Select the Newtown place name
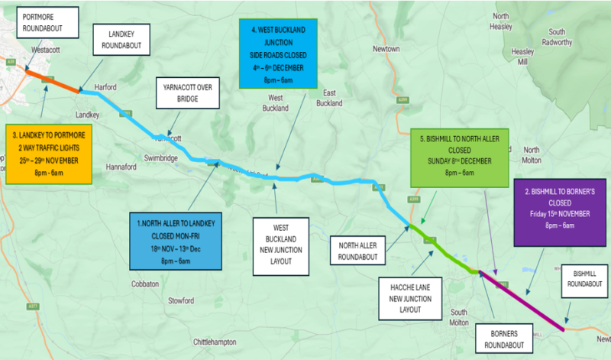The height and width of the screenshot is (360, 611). pyautogui.click(x=386, y=49)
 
